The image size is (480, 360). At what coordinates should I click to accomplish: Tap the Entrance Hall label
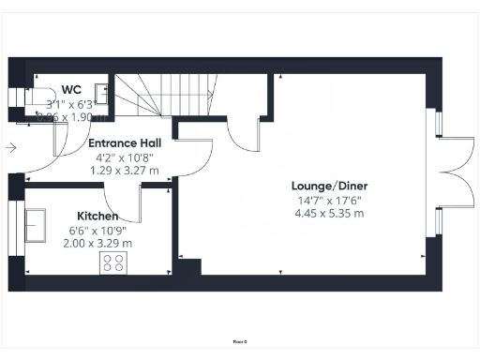point(124,143)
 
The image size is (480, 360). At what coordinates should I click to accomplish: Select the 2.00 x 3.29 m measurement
point(97,243)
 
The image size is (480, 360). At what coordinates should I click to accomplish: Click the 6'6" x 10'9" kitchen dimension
point(97,229)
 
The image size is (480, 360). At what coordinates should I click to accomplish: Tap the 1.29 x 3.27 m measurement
point(124,171)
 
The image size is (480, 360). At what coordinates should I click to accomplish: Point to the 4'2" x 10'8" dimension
point(124,157)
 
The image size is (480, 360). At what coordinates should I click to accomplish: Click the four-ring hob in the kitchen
point(113,263)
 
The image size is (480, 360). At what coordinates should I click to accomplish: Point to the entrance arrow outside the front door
point(9,147)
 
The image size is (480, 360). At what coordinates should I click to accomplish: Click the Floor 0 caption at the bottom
point(240,341)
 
